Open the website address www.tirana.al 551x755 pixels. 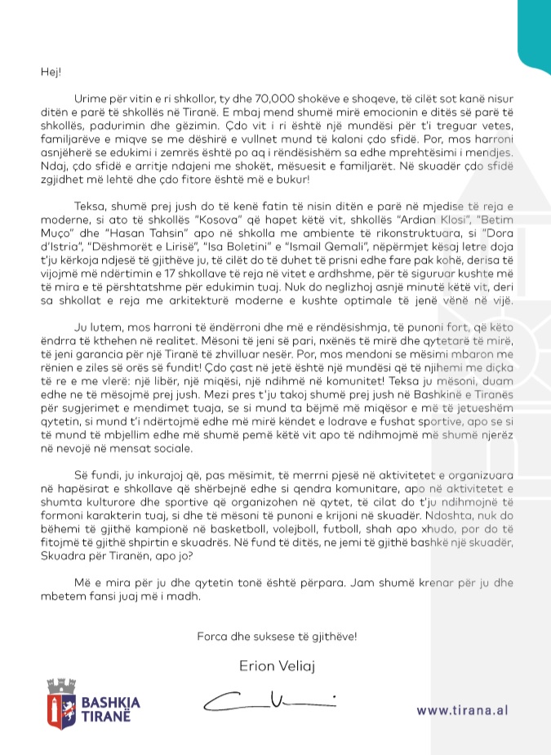tap(462, 710)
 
